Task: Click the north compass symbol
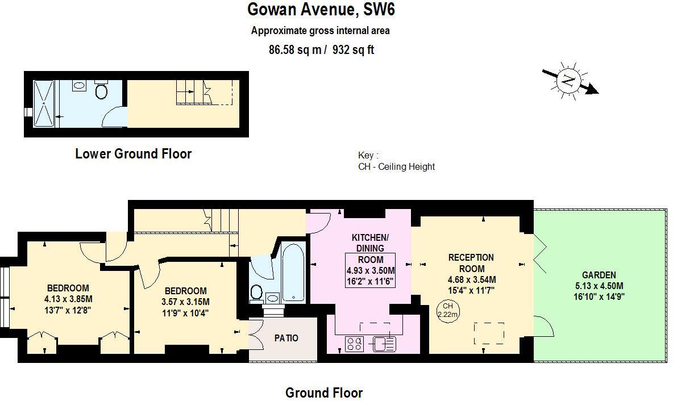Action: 567,81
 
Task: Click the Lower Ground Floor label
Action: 133,153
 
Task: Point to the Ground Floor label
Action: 323,392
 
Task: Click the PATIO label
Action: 286,338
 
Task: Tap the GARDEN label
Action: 599,275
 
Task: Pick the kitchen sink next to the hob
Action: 384,344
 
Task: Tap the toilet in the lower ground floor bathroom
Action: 102,91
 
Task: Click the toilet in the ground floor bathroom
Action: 256,293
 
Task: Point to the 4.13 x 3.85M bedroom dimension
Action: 68,299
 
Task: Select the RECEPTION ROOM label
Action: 471,263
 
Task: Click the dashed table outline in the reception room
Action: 489,332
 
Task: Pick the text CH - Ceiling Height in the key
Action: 396,166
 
